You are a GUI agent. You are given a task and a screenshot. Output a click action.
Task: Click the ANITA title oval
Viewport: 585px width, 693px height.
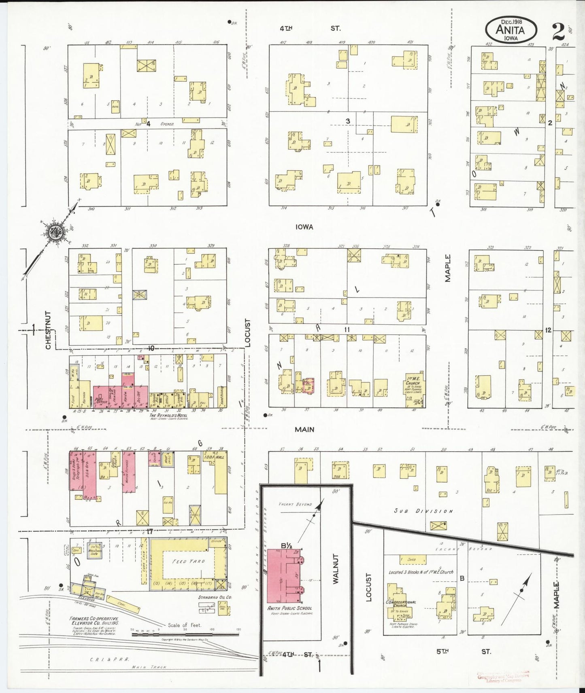pyautogui.click(x=511, y=29)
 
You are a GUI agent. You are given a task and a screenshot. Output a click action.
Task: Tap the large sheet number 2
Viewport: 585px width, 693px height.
pyautogui.click(x=558, y=31)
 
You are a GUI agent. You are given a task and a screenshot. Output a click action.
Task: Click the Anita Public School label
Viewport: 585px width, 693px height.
pyautogui.click(x=289, y=608)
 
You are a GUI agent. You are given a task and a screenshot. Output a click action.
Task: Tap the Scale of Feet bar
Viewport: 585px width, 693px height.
pyautogui.click(x=185, y=634)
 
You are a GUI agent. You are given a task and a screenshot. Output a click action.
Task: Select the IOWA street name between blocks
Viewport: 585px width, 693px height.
pyautogui.click(x=304, y=227)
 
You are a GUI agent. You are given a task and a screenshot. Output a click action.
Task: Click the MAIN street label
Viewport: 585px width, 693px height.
pyautogui.click(x=304, y=429)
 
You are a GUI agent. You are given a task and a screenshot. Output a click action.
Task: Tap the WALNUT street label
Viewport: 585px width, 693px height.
pyautogui.click(x=336, y=568)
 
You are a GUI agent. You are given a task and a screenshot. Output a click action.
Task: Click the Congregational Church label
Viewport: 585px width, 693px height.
pyautogui.click(x=400, y=604)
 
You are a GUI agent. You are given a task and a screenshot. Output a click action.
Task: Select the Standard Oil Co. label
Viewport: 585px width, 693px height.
pyautogui.click(x=215, y=597)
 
